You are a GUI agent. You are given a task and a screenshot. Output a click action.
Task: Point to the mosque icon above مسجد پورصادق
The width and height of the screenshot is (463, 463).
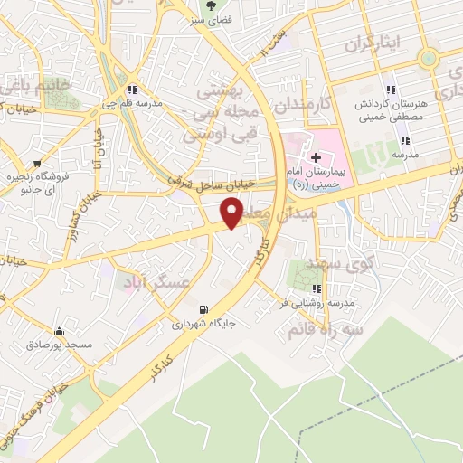(60, 331)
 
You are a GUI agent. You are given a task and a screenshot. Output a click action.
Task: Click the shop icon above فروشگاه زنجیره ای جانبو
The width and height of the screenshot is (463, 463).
(39, 153)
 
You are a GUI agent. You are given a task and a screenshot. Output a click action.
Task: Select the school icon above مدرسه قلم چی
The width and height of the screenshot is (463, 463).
(133, 90)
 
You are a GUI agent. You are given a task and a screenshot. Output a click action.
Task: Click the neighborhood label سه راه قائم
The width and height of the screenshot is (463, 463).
(319, 331)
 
